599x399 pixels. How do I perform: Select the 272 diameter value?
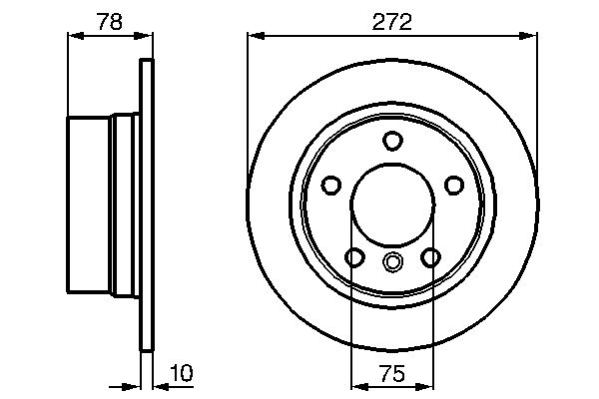[x=392, y=21]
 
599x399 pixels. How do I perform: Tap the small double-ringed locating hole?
[x=392, y=263]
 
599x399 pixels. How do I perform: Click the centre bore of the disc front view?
[x=392, y=204]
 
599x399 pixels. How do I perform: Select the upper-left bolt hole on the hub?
[x=331, y=185]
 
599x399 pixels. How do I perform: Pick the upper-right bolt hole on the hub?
[x=453, y=185]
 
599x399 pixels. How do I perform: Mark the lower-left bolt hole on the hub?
[x=354, y=257]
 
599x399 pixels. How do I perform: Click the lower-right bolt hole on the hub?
[x=430, y=257]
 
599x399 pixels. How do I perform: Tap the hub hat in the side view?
[x=100, y=204]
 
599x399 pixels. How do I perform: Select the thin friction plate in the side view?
[x=148, y=204]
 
